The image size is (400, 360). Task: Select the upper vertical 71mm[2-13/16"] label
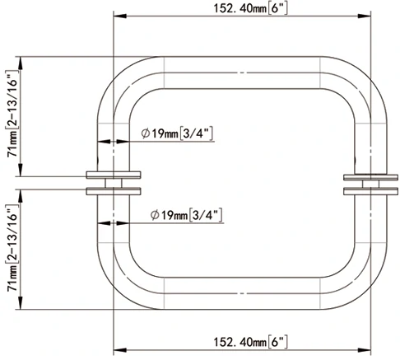(x=12, y=115)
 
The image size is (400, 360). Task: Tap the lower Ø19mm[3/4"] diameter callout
(x=188, y=215)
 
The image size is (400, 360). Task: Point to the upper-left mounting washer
(x=113, y=175)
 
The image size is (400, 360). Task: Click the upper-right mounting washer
(x=365, y=176)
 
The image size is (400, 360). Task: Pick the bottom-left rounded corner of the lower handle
(x=120, y=288)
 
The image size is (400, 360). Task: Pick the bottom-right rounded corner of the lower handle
(x=370, y=288)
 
